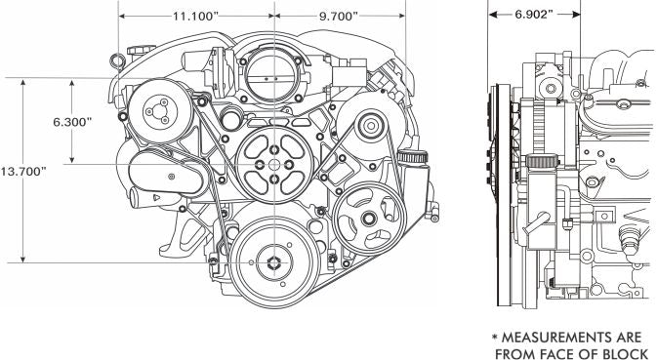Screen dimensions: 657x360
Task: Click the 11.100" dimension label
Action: pos(195,17)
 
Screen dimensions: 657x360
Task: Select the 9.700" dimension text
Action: pos(338,17)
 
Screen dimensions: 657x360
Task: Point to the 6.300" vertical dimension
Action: pos(72,122)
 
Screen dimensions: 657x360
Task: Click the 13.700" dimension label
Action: pos(23,171)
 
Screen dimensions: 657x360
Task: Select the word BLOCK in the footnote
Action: pos(625,354)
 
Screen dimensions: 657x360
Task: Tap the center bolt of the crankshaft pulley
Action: pos(273,262)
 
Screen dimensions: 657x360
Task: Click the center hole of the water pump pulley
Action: pos(274,164)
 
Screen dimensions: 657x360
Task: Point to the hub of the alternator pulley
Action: pos(371,125)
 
